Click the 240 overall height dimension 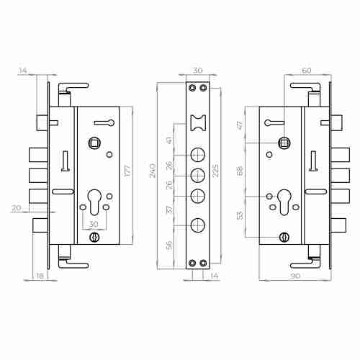(153, 171)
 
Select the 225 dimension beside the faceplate (215, 171)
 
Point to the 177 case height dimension (128, 171)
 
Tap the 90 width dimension (295, 276)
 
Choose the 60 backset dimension (307, 71)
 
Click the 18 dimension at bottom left (40, 276)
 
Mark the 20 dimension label (17, 208)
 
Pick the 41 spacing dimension (169, 140)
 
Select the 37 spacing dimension (169, 210)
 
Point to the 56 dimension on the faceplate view (169, 245)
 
